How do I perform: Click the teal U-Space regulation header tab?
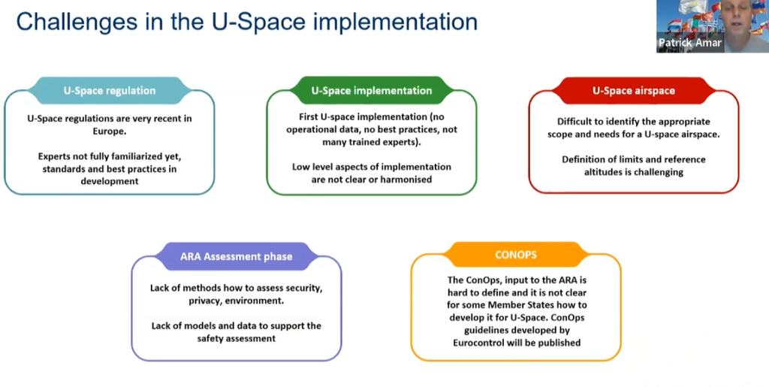110,90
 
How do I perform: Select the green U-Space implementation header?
372,90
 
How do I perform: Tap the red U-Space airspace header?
633,90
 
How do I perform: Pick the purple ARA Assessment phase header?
236,256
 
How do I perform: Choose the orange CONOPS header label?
515,255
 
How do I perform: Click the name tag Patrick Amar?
689,43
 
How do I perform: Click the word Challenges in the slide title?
72,20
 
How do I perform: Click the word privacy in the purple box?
206,300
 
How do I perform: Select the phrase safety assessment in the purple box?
236,338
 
